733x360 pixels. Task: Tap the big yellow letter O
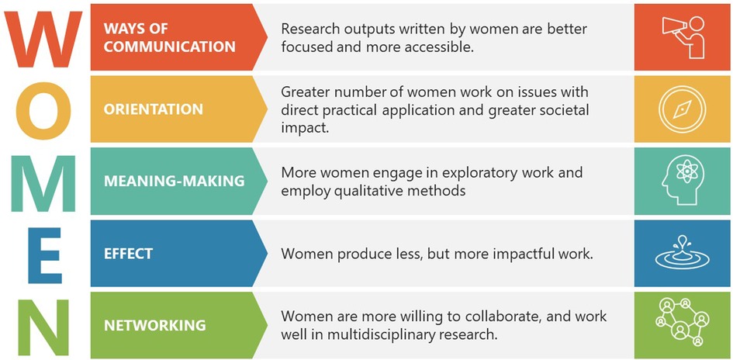pos(43,111)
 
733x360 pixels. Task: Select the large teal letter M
pos(43,183)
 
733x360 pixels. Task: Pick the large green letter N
pos(43,327)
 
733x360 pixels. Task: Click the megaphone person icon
pos(683,37)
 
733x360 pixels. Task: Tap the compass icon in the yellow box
pos(682,109)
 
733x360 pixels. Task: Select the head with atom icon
pos(682,182)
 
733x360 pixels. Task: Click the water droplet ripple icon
pos(682,253)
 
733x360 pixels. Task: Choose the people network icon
pos(682,322)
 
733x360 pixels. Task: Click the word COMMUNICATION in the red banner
pos(169,47)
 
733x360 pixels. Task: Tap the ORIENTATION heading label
pos(154,109)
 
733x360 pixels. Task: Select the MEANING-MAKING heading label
pos(174,181)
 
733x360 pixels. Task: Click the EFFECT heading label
pos(128,254)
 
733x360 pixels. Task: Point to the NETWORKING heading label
pos(154,325)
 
